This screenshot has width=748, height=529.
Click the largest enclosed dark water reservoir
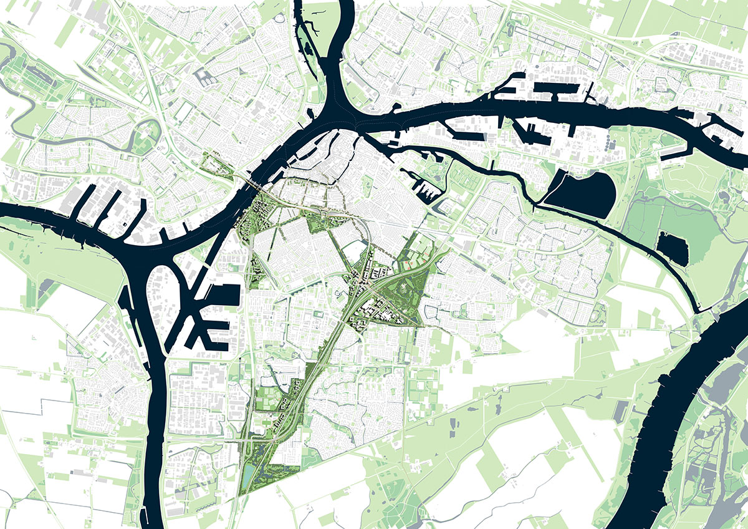point(580,193)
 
